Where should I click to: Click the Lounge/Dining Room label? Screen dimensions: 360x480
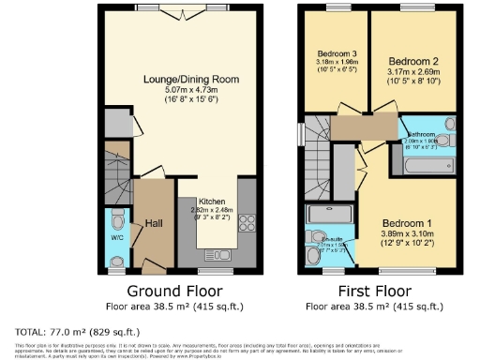[174, 79]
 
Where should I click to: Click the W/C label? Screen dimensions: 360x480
[117, 237]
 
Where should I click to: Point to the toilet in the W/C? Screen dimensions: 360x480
[117, 218]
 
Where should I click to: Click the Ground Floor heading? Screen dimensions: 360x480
[174, 290]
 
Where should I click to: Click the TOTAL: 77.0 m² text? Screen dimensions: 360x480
[78, 332]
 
